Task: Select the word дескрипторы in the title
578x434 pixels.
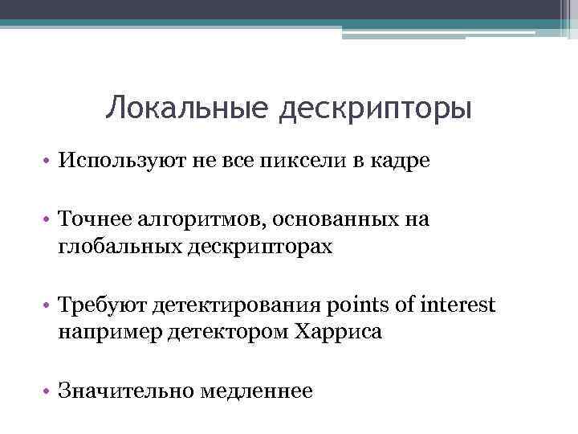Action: click(376, 109)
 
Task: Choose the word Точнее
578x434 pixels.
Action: click(93, 219)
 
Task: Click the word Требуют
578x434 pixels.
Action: click(100, 305)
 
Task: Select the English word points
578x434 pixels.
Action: click(356, 306)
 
